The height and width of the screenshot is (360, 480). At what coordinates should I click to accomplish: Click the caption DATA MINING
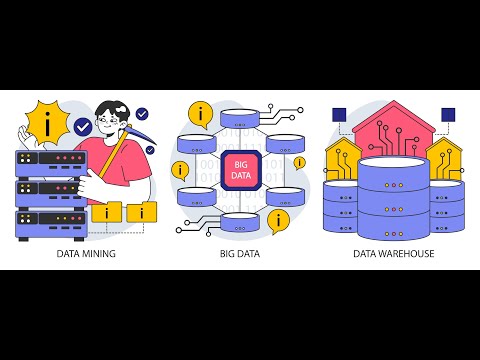click(x=86, y=254)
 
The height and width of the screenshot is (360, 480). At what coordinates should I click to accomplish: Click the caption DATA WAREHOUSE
click(x=393, y=254)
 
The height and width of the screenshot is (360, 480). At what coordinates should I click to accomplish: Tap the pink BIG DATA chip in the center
click(x=240, y=169)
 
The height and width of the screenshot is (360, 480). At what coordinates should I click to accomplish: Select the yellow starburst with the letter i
click(x=47, y=124)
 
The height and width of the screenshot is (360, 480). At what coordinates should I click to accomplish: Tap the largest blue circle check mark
click(x=82, y=127)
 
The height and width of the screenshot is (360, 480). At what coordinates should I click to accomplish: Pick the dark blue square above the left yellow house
click(x=339, y=115)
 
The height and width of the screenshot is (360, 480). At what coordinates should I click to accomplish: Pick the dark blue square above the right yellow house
click(x=447, y=115)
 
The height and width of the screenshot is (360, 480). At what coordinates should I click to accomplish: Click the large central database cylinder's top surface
click(x=393, y=166)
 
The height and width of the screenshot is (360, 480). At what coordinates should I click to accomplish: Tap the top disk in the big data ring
click(x=240, y=118)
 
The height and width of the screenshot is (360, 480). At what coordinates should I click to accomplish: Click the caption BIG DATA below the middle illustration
click(x=240, y=254)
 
